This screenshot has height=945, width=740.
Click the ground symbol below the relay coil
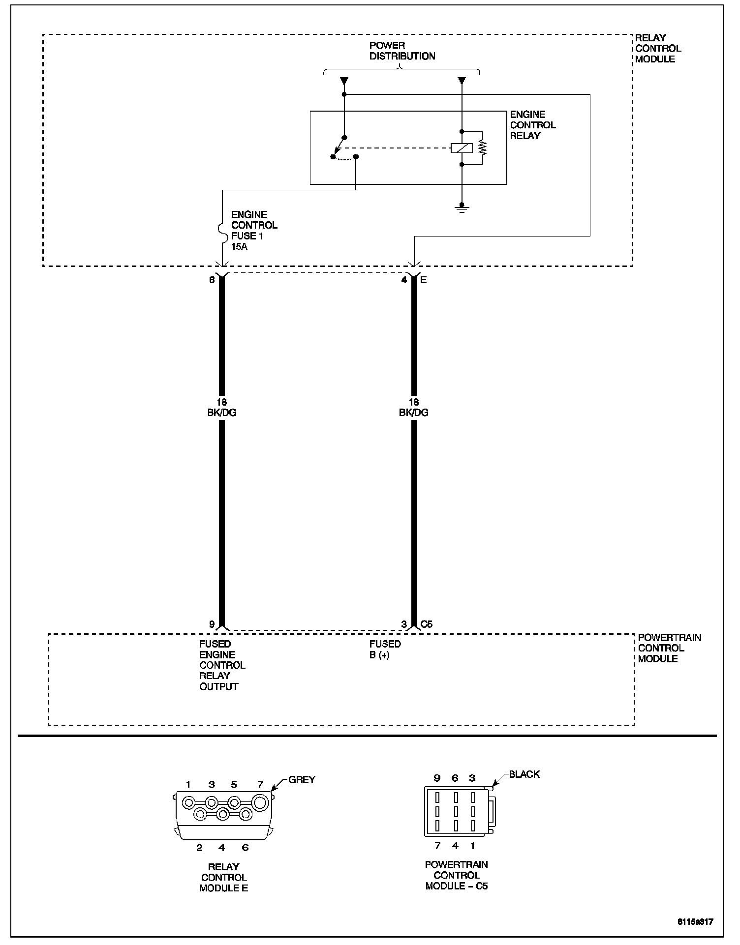point(462,209)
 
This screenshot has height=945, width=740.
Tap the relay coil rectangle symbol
point(462,148)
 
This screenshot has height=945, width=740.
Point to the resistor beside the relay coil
point(482,148)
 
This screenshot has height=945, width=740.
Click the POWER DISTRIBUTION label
point(402,51)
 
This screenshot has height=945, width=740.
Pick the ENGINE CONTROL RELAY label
point(532,125)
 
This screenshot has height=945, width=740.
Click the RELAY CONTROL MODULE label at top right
point(658,48)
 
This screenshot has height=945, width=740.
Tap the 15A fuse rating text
point(239,247)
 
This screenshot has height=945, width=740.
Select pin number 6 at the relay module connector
point(212,280)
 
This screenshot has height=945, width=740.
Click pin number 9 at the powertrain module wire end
point(212,624)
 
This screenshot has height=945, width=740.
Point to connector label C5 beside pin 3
point(426,624)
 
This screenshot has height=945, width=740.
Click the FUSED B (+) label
point(385,650)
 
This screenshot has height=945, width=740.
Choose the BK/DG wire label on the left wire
point(222,413)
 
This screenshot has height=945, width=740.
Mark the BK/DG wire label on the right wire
point(413,413)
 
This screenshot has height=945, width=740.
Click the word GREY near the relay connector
point(302,780)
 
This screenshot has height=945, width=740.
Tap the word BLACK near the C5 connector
point(524,774)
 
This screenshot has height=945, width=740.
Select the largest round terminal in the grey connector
point(260,803)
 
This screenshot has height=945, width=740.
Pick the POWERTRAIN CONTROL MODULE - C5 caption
point(456,875)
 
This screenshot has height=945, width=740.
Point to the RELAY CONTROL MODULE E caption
point(223,877)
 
